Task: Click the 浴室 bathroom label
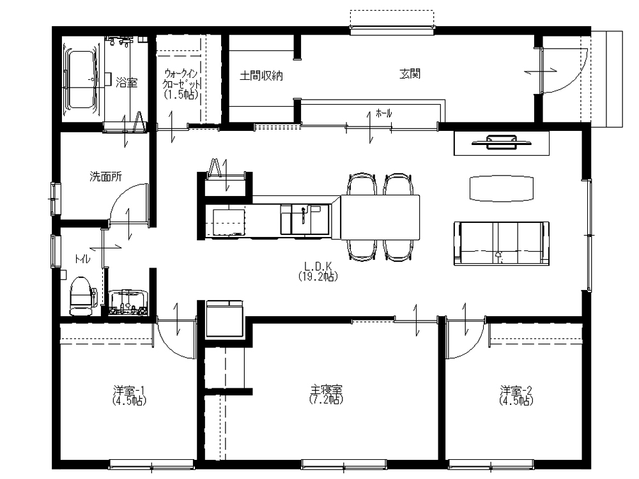click(x=127, y=82)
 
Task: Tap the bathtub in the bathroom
click(x=81, y=79)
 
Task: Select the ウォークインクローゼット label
click(x=181, y=84)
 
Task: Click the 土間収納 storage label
click(x=261, y=76)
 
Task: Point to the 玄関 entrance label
click(x=410, y=73)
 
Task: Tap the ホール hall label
click(x=383, y=113)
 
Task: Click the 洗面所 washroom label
click(x=105, y=177)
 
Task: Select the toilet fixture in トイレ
click(x=83, y=296)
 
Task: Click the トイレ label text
click(x=82, y=259)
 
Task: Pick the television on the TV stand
click(x=501, y=141)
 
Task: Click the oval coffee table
click(x=501, y=188)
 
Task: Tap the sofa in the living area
click(x=502, y=243)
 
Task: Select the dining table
click(x=380, y=218)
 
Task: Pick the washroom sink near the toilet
click(x=128, y=302)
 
